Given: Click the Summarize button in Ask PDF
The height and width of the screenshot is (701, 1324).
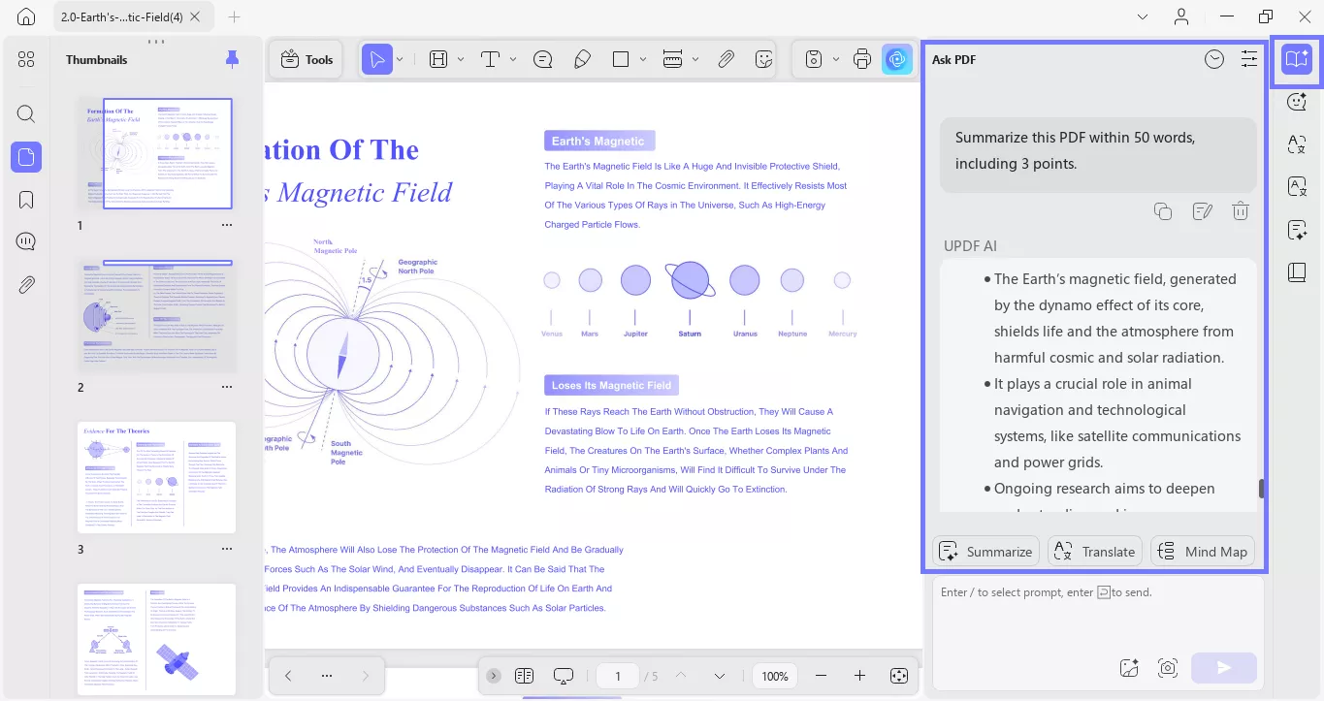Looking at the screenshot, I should (985, 552).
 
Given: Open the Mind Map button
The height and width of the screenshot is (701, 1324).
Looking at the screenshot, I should (1203, 552).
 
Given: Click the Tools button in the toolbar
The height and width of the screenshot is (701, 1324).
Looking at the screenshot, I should (307, 59).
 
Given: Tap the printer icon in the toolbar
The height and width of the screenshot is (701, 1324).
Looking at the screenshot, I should (862, 59).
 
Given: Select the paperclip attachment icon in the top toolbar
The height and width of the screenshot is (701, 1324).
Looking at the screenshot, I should (726, 59).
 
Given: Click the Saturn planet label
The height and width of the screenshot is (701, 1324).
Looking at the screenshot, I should (690, 334).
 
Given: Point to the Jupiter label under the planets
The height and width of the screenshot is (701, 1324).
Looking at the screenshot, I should (635, 334).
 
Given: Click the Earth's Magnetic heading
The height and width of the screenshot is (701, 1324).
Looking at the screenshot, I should (598, 142).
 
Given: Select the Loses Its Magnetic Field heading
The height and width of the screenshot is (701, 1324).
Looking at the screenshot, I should (611, 385).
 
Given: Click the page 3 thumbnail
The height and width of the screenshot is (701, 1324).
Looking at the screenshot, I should (156, 477).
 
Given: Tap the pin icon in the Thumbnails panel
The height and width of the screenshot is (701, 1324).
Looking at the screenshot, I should (232, 59).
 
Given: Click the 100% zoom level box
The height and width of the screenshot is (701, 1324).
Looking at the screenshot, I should (775, 676).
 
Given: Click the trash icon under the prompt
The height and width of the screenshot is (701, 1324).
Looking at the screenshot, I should (1240, 211).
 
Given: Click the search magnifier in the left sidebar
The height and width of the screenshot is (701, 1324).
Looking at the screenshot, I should (26, 113).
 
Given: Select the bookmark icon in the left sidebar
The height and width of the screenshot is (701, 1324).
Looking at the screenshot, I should (26, 200).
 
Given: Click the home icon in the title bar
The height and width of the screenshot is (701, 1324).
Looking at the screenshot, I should (26, 16).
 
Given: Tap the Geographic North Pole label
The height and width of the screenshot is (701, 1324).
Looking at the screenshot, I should (418, 266).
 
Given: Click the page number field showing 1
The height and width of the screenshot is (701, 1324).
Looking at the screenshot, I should (618, 676).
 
